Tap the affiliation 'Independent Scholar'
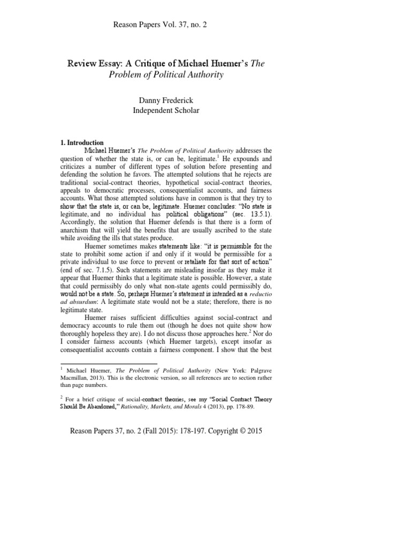(167, 110)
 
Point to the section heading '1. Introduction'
(81, 143)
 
